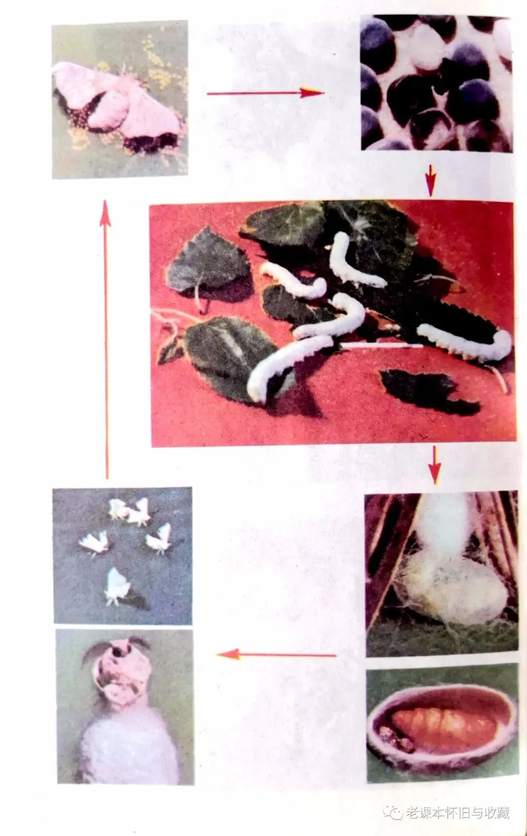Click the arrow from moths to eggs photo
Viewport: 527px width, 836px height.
[265, 93]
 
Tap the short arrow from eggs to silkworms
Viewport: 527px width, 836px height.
[431, 180]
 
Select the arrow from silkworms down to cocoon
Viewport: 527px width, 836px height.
[434, 465]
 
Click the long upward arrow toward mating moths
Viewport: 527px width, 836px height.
[106, 339]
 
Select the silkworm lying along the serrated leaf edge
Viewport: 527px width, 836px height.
[465, 341]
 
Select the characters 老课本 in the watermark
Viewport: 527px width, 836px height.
[425, 813]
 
